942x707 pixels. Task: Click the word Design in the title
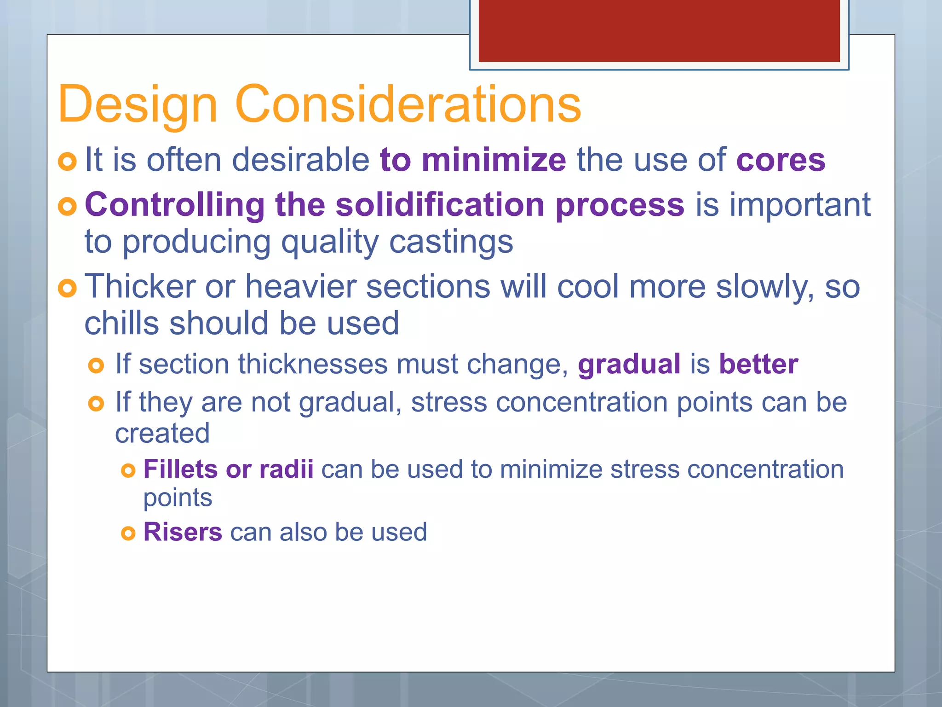pos(137,105)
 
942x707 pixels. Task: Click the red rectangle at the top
pos(659,30)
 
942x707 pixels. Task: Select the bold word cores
pos(781,161)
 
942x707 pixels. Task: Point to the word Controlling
pos(174,205)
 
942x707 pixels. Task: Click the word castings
pos(451,242)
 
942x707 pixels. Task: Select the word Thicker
pos(140,287)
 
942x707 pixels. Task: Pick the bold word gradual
pos(629,365)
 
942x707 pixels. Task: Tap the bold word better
pos(758,364)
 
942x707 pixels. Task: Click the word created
pos(162,434)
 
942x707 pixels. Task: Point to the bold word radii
pos(286,469)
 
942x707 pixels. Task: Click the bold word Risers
pos(183,532)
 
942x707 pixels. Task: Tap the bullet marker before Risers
pos(128,533)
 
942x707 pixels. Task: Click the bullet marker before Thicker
pos(68,289)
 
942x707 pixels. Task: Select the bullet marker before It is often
pos(68,162)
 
